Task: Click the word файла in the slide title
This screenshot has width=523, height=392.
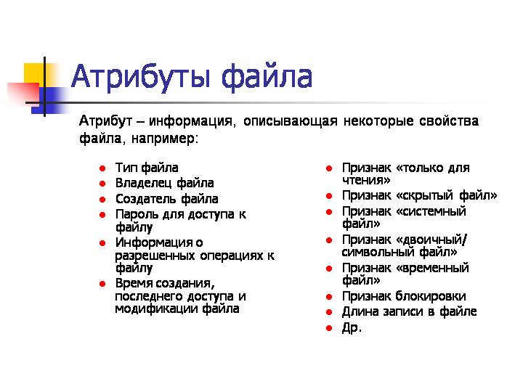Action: (x=267, y=77)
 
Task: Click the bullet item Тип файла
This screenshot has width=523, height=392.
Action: (x=146, y=168)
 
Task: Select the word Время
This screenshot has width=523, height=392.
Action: (x=133, y=283)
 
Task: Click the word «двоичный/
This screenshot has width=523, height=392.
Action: (x=432, y=240)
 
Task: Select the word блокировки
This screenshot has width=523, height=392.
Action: (x=431, y=296)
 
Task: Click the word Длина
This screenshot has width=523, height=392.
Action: (x=360, y=311)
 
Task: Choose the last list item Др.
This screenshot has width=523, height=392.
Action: (x=352, y=327)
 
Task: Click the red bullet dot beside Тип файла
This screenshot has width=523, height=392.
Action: (x=103, y=169)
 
